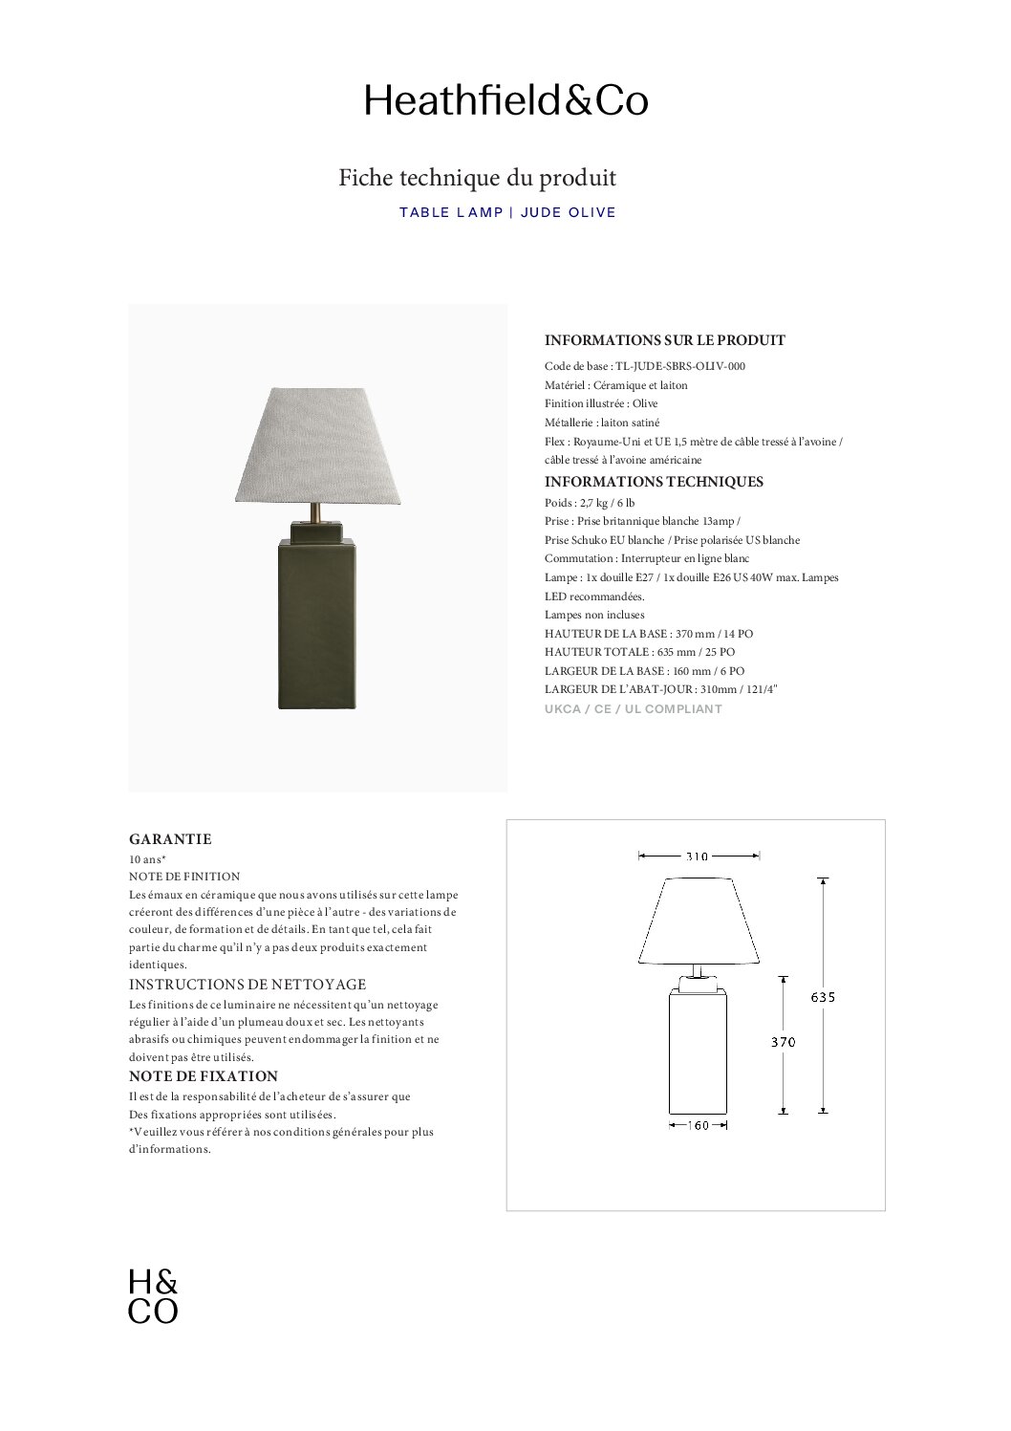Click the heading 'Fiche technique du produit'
[477, 178]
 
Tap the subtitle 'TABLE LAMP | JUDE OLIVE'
[507, 212]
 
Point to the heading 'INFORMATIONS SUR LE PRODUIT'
[664, 340]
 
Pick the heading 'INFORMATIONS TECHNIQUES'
[654, 482]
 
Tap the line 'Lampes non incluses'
[594, 615]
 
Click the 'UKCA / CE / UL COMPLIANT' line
[633, 709]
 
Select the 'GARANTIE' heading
[170, 839]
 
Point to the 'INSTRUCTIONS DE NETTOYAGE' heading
[247, 985]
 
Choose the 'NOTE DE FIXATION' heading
[204, 1076]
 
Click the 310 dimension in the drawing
[698, 856]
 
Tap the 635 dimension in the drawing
[823, 997]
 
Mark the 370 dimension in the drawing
[784, 1043]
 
